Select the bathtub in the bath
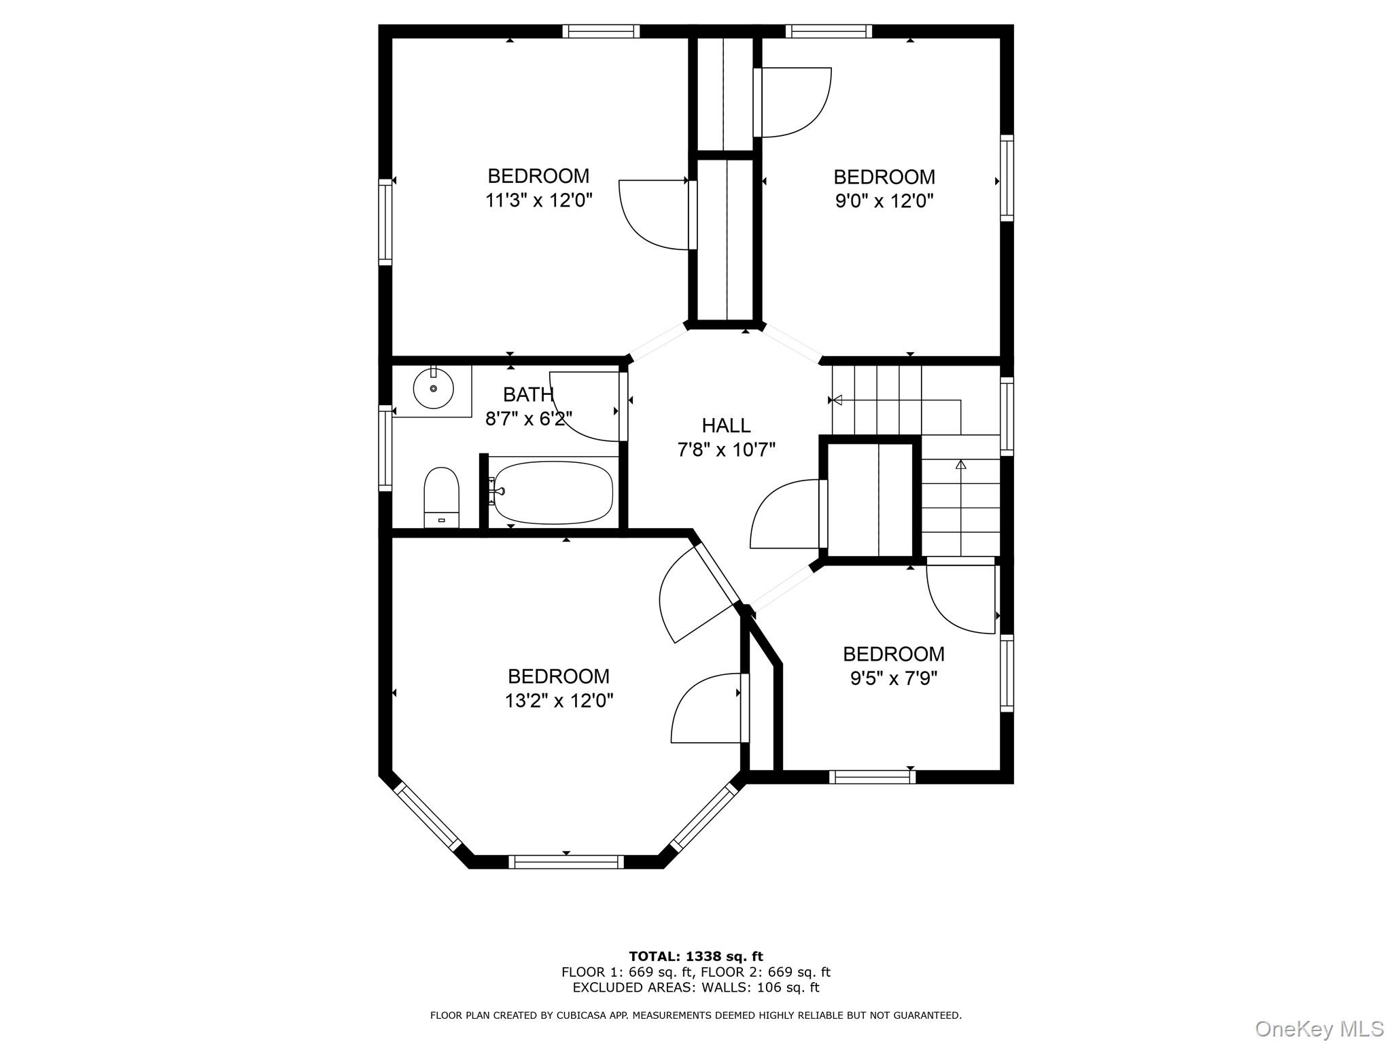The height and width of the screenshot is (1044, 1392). point(553,492)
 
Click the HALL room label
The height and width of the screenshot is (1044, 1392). point(726,425)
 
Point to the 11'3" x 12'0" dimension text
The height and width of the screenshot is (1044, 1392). point(539,201)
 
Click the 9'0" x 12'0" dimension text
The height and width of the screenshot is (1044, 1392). point(884,201)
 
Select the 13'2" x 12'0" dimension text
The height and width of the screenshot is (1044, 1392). point(559,701)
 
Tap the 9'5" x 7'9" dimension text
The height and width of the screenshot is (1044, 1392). point(894,678)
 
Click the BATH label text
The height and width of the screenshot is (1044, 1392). point(528,394)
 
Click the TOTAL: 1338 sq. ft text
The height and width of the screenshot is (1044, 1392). point(696,957)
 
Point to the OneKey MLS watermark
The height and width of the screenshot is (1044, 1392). point(1319,1028)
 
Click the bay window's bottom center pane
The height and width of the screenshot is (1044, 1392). point(566,862)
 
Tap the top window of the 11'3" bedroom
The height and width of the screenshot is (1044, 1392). point(602,31)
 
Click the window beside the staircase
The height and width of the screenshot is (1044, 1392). point(1007,416)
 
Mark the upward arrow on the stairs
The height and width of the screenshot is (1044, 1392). point(960,465)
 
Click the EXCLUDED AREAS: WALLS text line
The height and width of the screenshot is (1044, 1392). point(696,988)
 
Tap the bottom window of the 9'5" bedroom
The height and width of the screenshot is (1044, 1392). point(872,777)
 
